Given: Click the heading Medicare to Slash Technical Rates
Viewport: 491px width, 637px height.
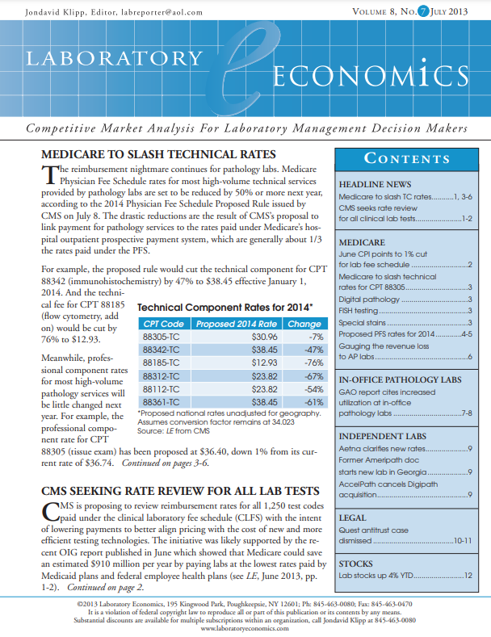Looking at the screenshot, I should tap(158, 155).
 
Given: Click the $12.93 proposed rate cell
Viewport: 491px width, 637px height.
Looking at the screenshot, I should tap(242, 363).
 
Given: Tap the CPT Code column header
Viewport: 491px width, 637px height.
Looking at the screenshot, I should tap(162, 323).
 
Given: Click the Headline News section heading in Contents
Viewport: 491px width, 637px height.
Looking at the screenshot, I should tap(376, 184).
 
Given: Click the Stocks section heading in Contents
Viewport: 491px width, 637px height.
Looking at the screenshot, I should tap(356, 564).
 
